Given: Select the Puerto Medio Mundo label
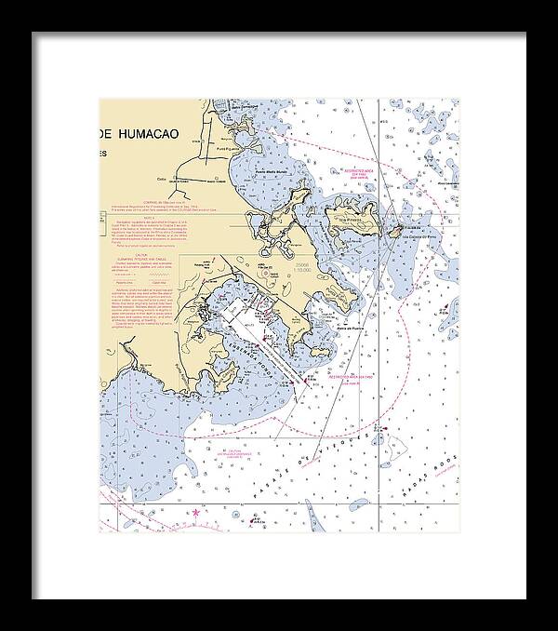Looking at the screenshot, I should pos(272,172).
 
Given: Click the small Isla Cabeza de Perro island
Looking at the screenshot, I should pos(395,230).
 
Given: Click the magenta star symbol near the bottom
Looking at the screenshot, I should pos(195,510).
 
